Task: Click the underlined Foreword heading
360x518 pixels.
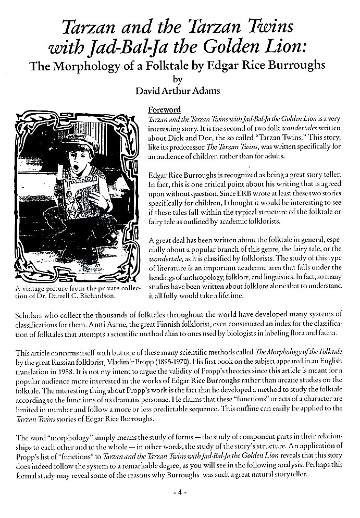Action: point(164,110)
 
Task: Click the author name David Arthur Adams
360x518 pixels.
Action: point(178,91)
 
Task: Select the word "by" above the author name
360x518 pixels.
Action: point(178,80)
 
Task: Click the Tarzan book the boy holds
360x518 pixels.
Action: point(79,209)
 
